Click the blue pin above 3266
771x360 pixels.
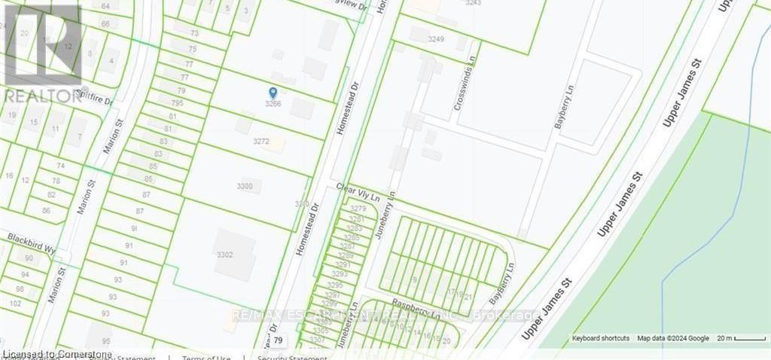(273, 92)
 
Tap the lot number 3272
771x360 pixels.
(261, 141)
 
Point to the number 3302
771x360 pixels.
(224, 255)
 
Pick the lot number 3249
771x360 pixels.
(437, 39)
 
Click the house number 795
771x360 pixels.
(177, 102)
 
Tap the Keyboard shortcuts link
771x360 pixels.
(600, 338)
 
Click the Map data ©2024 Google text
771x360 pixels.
(673, 338)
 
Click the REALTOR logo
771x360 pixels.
(41, 53)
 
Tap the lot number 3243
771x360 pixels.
(474, 3)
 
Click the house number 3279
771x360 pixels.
(358, 209)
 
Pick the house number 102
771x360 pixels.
(15, 303)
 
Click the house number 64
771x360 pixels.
(105, 6)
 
